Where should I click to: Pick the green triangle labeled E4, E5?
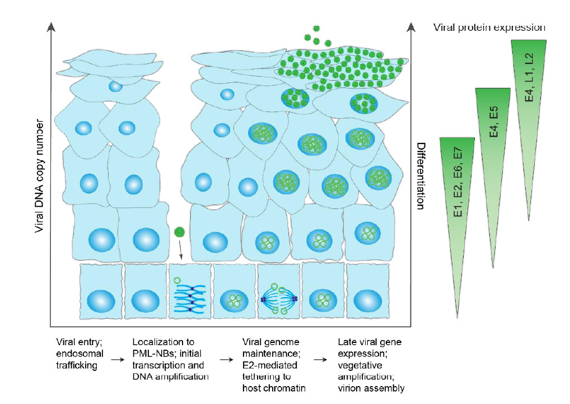pyautogui.click(x=493, y=162)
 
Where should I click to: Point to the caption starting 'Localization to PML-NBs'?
pyautogui.click(x=170, y=359)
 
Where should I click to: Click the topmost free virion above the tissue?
pyautogui.click(x=317, y=29)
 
